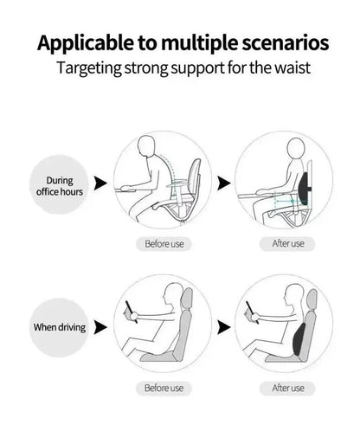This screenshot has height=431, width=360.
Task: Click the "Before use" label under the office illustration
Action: click(x=163, y=244)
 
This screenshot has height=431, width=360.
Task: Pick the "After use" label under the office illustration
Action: click(x=286, y=244)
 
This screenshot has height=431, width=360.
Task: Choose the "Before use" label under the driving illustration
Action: click(x=163, y=388)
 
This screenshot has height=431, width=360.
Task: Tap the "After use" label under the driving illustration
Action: click(x=286, y=388)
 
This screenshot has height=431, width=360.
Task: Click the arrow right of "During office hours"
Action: click(x=101, y=183)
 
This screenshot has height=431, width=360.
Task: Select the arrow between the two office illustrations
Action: click(x=224, y=183)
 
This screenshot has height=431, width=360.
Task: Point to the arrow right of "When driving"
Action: click(x=101, y=327)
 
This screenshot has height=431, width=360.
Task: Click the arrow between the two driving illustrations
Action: click(x=224, y=327)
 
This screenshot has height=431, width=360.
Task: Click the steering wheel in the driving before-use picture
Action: click(x=131, y=306)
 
